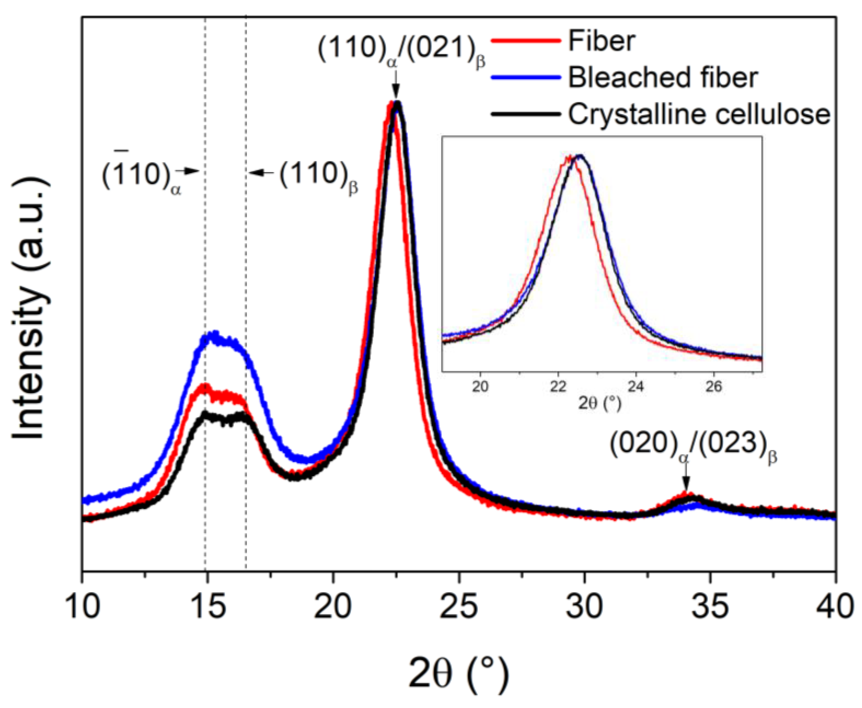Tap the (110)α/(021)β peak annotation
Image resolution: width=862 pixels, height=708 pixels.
click(401, 53)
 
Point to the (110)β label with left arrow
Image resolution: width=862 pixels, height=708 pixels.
click(318, 177)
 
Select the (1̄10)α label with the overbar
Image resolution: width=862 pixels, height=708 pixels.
click(141, 177)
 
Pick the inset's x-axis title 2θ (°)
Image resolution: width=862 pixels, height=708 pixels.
click(599, 404)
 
